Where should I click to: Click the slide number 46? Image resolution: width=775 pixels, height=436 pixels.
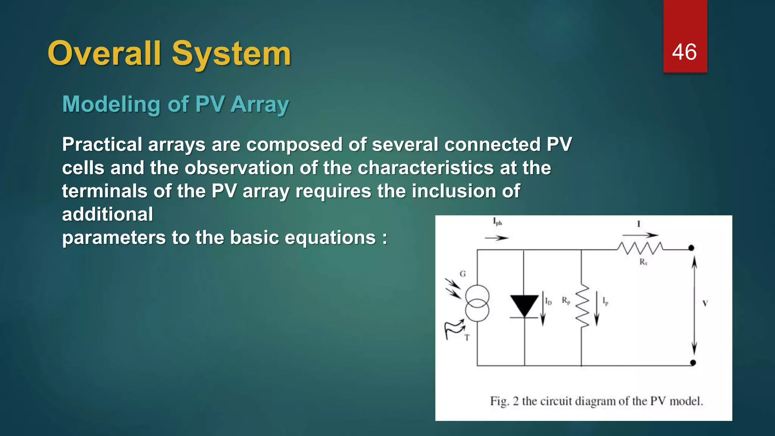pyautogui.click(x=684, y=52)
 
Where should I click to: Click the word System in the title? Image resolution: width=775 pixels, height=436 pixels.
pyautogui.click(x=231, y=54)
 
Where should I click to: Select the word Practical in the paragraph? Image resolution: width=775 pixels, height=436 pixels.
pyautogui.click(x=102, y=145)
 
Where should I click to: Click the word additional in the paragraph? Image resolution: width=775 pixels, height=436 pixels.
pyautogui.click(x=107, y=214)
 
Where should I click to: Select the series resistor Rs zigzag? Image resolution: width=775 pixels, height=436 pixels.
pyautogui.click(x=640, y=248)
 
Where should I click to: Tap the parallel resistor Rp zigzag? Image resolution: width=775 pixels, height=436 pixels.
pyautogui.click(x=582, y=306)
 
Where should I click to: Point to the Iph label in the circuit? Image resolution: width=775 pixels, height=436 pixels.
pyautogui.click(x=497, y=222)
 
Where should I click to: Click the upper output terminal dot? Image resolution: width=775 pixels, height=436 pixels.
pyautogui.click(x=691, y=248)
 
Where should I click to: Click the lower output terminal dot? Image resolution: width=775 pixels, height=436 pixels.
pyautogui.click(x=693, y=363)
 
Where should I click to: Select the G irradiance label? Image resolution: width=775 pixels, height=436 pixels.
pyautogui.click(x=462, y=274)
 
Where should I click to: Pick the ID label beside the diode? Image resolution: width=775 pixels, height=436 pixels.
pyautogui.click(x=548, y=301)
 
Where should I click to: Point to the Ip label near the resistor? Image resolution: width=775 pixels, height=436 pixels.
pyautogui.click(x=605, y=302)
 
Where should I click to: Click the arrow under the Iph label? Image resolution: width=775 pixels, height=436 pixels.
pyautogui.click(x=496, y=238)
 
